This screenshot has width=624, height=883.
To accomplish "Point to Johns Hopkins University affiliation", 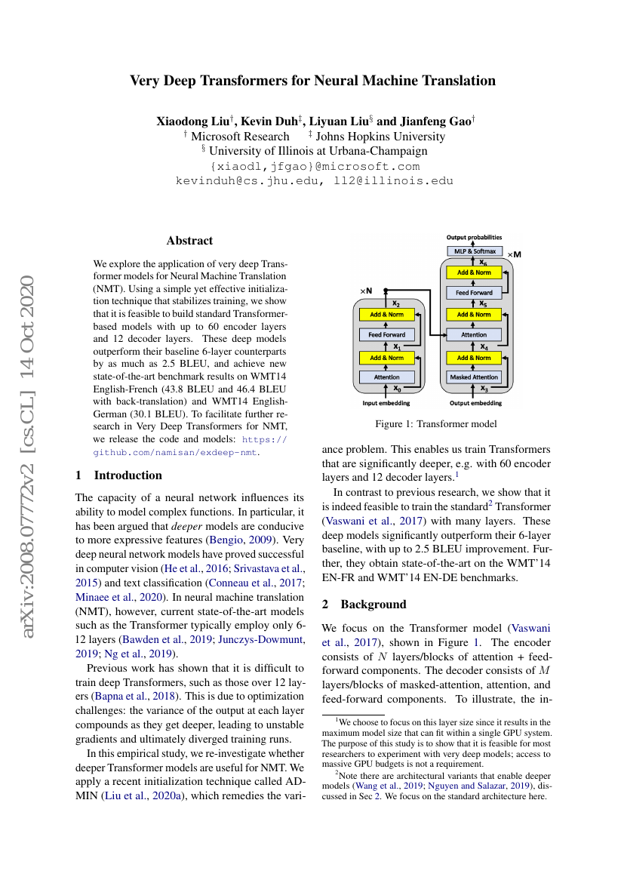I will (x=380, y=137).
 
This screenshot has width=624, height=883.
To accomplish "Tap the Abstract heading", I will (x=189, y=241).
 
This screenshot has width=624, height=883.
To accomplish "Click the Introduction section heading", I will (x=127, y=475).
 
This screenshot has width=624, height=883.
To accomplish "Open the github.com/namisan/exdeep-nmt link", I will (x=175, y=452).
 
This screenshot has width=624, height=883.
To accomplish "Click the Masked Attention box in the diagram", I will (x=474, y=377).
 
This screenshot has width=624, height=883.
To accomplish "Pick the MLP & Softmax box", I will (x=474, y=251).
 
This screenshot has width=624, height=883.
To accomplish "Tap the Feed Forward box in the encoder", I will (x=387, y=334).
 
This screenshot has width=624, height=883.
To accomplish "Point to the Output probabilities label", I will (x=474, y=238).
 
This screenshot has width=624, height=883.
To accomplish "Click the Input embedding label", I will (x=386, y=404).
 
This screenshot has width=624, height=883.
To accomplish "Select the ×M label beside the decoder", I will (x=515, y=254).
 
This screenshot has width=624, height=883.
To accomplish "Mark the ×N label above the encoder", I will (x=366, y=291).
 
